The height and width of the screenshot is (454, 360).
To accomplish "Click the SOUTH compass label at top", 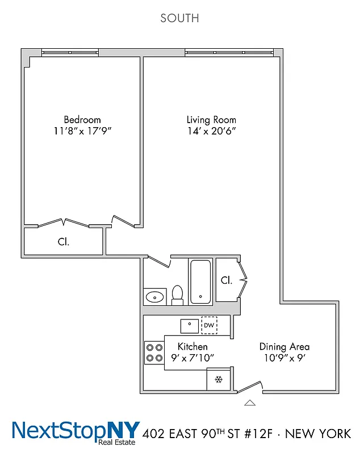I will tap(179, 18).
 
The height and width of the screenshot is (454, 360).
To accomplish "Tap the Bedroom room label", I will tap(82, 120).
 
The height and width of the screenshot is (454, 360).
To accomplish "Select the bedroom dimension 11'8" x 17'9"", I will tap(82, 131).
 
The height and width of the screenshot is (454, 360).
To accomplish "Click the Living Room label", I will tap(211, 120).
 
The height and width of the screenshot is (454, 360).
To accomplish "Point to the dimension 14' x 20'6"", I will tap(211, 131).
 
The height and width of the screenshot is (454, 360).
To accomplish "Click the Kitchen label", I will tap(192, 346).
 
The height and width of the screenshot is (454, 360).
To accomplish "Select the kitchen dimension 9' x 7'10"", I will tap(192, 358).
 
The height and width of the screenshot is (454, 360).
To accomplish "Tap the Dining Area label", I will tap(284, 346).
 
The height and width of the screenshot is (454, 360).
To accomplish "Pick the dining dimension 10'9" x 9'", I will tap(284, 358).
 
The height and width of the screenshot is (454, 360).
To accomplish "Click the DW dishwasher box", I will tap(209, 325).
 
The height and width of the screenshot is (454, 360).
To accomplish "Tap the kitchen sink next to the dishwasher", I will tap(190, 325).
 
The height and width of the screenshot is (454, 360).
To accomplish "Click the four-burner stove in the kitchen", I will tap(154, 352).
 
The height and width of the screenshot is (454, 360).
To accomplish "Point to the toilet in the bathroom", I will tap(177, 295).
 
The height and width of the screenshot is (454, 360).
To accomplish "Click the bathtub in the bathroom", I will tap(200, 282).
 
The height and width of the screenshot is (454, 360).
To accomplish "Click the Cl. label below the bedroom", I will tap(63, 242).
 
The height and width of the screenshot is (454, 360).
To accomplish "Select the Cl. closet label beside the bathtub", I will tap(226, 280).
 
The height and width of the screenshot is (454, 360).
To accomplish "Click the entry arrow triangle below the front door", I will tap(249, 403).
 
